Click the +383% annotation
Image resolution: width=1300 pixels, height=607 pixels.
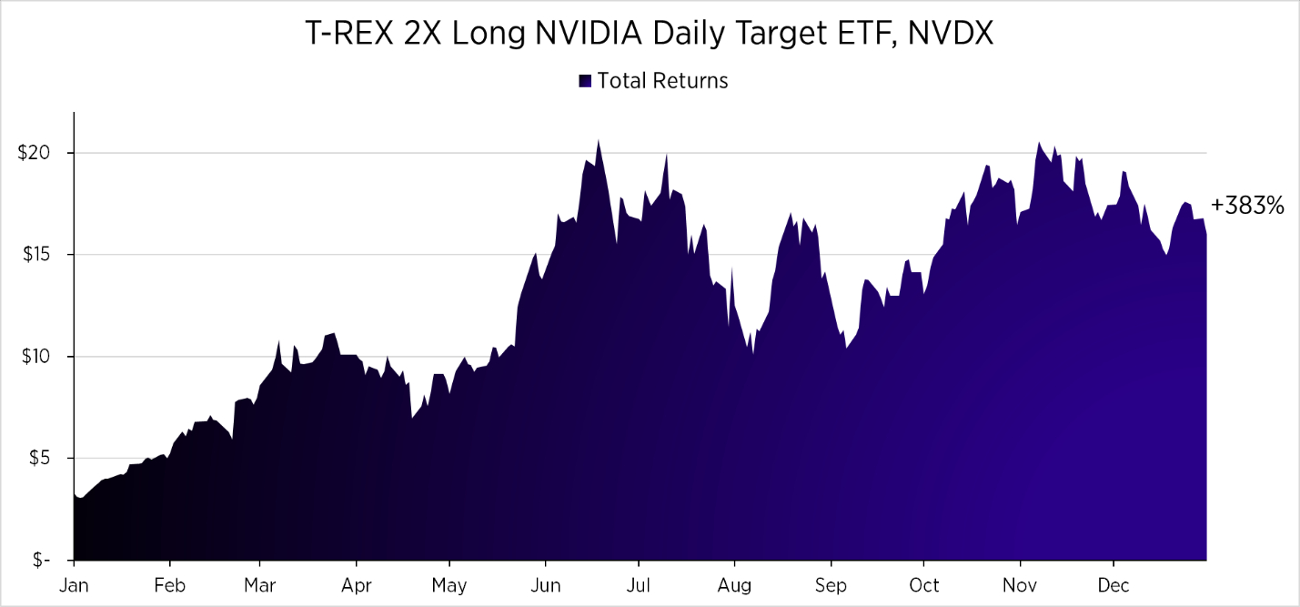pyautogui.click(x=1247, y=207)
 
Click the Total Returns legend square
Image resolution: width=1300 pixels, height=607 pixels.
pyautogui.click(x=585, y=81)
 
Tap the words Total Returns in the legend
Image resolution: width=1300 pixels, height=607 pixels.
pyautogui.click(x=662, y=81)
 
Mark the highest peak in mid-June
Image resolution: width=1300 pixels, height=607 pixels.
pyautogui.click(x=598, y=140)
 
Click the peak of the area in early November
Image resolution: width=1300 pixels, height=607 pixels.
pyautogui.click(x=1038, y=143)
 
